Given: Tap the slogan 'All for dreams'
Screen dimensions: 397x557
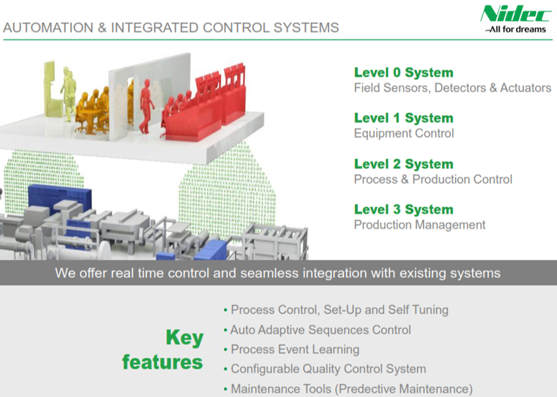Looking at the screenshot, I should (x=515, y=29).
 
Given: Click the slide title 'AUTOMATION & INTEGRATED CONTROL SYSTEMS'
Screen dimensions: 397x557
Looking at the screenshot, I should (x=171, y=28).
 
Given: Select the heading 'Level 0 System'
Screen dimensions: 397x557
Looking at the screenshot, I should (x=403, y=73).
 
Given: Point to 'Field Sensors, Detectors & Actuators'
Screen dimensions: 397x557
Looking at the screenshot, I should (x=452, y=88).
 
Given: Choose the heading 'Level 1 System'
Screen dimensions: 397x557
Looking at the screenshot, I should (x=403, y=118).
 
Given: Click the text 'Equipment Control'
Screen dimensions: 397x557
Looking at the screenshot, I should (x=403, y=133).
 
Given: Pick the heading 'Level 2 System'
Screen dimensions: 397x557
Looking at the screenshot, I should (x=403, y=164).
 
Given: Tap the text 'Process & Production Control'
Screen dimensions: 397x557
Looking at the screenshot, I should (x=433, y=179).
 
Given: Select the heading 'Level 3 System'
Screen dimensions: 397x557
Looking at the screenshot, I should (x=403, y=209).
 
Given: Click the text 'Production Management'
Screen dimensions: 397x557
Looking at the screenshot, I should (x=420, y=224).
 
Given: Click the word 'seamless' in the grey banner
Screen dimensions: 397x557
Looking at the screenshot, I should (x=272, y=273).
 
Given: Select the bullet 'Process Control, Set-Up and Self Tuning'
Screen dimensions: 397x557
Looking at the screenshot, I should (x=339, y=310).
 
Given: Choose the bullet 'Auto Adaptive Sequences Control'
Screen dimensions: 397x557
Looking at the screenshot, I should (x=320, y=330).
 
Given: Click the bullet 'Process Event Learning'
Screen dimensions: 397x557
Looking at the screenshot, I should (x=294, y=350).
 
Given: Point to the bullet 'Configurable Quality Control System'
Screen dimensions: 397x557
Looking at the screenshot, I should (x=328, y=369).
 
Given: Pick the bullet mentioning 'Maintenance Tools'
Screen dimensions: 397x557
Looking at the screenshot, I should (x=351, y=389).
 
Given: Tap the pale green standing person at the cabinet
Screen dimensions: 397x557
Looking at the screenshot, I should (x=68, y=89).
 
